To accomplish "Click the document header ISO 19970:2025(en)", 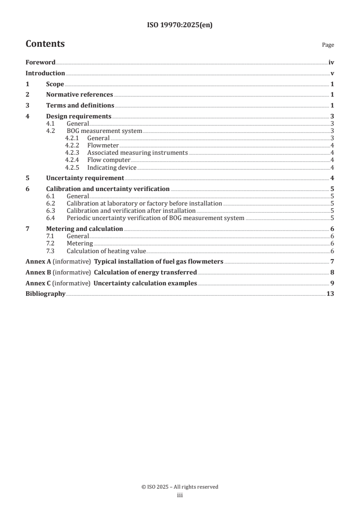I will click(180, 25).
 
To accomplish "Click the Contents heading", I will click(45, 44).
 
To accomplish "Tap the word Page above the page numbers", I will click(328, 45).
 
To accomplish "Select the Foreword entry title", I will click(40, 63).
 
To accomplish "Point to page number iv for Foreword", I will click(331, 63).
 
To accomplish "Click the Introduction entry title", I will click(45, 73).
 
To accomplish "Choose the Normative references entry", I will click(79, 95).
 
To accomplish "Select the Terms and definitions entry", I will click(80, 106).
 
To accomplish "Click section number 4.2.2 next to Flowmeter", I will click(73, 146).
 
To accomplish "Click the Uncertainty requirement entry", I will click(85, 178).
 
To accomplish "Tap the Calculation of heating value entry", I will click(106, 251).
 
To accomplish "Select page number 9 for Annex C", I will click(332, 284).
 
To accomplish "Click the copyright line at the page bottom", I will click(180, 487).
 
